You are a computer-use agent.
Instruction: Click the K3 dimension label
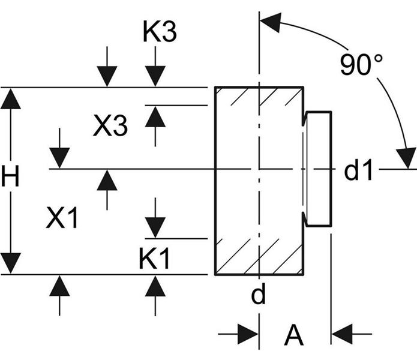pos(160,32)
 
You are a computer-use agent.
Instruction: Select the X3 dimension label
pos(110,126)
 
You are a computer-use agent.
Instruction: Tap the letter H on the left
pos(10,176)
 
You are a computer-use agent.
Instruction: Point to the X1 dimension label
pos(62,218)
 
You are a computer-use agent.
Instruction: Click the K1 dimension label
pos(154,258)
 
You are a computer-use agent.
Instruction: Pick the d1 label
pos(358,170)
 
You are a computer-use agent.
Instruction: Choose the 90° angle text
pos(362,64)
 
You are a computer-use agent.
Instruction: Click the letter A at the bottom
pos(294,334)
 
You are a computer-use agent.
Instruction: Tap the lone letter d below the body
pos(259,293)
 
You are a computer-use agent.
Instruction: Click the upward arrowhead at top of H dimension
pos(11,99)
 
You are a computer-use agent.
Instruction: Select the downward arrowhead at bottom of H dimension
pos(11,263)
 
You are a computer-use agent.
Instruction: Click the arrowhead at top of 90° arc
pos(271,22)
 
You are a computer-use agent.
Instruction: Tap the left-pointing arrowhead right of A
pos(342,334)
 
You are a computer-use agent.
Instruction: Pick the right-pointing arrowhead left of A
pos(248,334)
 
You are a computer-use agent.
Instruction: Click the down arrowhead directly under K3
pos(155,76)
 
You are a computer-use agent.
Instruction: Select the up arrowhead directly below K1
pos(155,286)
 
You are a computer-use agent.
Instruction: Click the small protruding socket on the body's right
pos(319,169)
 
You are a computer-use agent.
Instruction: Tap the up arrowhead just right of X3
pos(155,116)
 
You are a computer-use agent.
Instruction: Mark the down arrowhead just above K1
pos(155,227)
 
